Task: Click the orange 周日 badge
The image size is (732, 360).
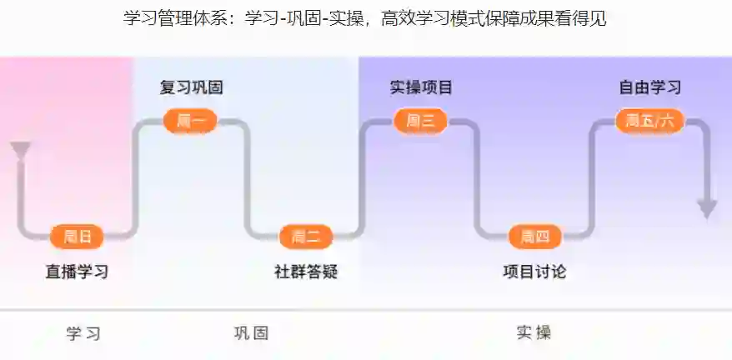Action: (78, 237)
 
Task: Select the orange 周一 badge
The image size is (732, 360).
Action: (191, 121)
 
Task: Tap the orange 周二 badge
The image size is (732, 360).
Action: (306, 237)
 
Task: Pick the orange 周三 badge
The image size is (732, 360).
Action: (420, 121)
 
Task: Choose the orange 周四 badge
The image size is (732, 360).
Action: (535, 237)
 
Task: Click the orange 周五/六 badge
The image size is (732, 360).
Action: (649, 121)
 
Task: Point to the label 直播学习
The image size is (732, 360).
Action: (77, 272)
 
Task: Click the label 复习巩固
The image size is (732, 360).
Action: (191, 87)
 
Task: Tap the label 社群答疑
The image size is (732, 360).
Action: (306, 272)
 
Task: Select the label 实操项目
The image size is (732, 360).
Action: (421, 87)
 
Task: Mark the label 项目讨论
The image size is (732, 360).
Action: (534, 272)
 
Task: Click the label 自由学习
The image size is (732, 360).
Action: (649, 87)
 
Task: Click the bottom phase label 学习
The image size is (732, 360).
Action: (83, 333)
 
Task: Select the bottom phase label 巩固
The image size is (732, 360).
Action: (251, 333)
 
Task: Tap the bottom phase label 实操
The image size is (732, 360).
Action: (534, 333)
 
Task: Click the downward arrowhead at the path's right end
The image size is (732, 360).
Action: (707, 208)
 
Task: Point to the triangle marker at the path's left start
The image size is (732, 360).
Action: (20, 151)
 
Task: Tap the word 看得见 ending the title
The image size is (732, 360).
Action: (584, 19)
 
